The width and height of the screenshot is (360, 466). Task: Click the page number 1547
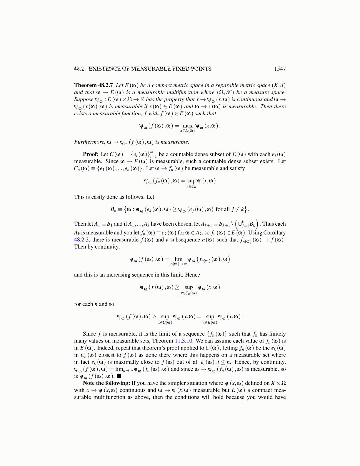pos(280,69)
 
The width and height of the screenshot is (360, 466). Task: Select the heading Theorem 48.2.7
pos(93,85)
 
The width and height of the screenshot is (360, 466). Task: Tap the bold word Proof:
pos(91,154)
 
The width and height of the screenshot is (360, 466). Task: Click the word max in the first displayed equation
pos(187,126)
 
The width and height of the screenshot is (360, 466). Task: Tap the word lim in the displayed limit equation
pos(179,259)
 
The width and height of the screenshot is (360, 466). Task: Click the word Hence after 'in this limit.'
pos(193,275)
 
